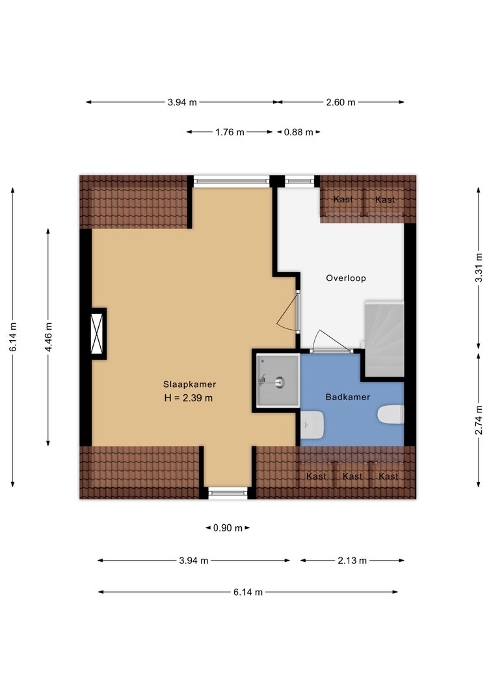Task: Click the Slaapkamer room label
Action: tap(189, 384)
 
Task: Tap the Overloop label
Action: tap(346, 278)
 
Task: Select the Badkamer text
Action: tap(348, 397)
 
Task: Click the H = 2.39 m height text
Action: tap(189, 398)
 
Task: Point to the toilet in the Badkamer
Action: tap(391, 415)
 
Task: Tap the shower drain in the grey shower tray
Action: tap(280, 382)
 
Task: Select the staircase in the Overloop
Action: tap(384, 339)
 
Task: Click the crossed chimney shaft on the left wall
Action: tap(97, 333)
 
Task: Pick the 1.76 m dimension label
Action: tap(230, 132)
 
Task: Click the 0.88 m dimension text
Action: tap(299, 132)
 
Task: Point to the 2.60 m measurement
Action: tap(341, 102)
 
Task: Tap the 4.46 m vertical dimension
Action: tap(48, 338)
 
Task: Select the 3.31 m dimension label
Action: tap(479, 268)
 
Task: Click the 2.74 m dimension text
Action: tap(479, 420)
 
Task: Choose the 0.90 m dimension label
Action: tap(228, 527)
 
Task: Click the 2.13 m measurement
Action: tap(352, 560)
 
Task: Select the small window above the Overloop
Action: tap(299, 181)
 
